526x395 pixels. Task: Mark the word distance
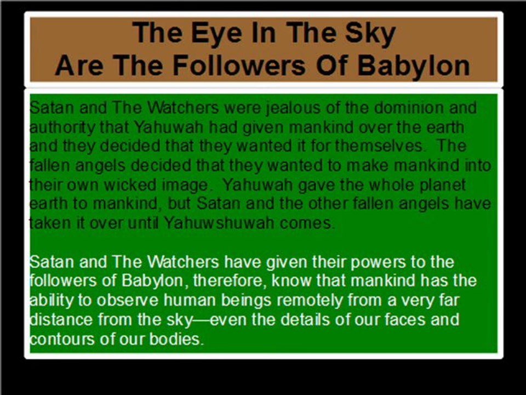(x=61, y=320)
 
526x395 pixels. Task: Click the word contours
(x=61, y=339)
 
